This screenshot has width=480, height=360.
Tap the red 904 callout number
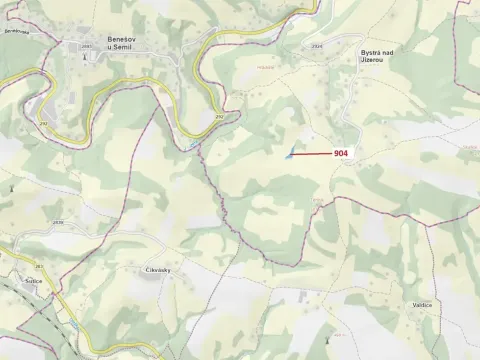coord(340,152)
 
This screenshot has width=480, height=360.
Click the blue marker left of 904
coord(289,154)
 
